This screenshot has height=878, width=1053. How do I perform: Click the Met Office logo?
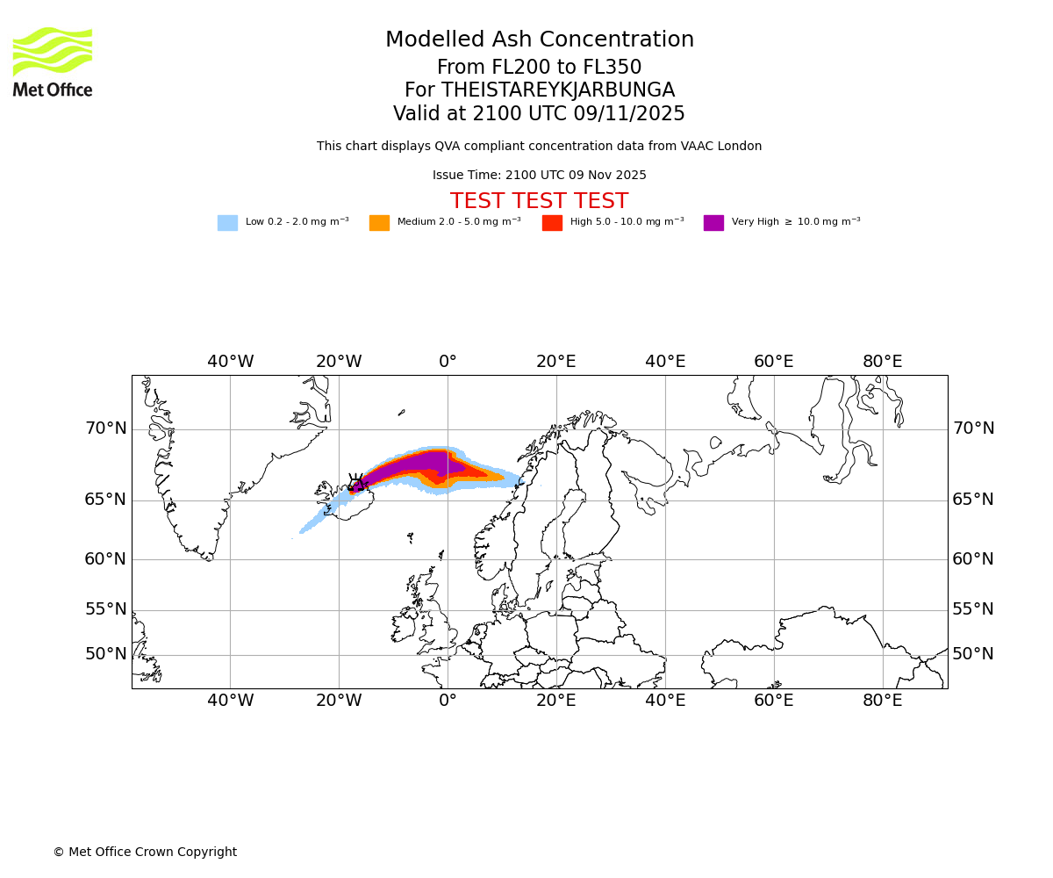point(53,61)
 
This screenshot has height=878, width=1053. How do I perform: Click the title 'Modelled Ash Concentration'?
point(540,40)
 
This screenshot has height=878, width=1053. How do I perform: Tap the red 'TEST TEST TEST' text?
point(540,202)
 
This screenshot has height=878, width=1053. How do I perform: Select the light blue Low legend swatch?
point(227,223)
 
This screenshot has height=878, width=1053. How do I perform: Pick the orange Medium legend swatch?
point(379,223)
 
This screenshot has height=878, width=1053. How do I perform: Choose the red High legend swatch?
point(552,223)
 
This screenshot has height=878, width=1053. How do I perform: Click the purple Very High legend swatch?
point(713,223)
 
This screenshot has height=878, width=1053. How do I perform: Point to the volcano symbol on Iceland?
point(356,483)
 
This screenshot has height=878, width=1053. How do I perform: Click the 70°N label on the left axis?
point(105,428)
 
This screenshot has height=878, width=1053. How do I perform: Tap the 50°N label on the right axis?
point(973,654)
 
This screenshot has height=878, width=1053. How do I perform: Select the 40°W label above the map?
point(230,362)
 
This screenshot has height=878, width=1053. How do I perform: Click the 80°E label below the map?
point(882,701)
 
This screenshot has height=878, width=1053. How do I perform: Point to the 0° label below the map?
point(448,701)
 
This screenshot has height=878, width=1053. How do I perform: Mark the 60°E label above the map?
point(773,362)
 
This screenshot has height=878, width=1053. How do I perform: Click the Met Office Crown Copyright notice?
point(145,853)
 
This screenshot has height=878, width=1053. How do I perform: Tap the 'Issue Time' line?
point(540,176)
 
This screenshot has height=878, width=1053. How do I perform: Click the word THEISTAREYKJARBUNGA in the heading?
point(558,90)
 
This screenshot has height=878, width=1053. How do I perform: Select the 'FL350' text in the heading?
point(614,68)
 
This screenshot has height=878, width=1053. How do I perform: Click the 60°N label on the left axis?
point(105,559)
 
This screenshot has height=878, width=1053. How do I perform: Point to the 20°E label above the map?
point(556,362)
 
